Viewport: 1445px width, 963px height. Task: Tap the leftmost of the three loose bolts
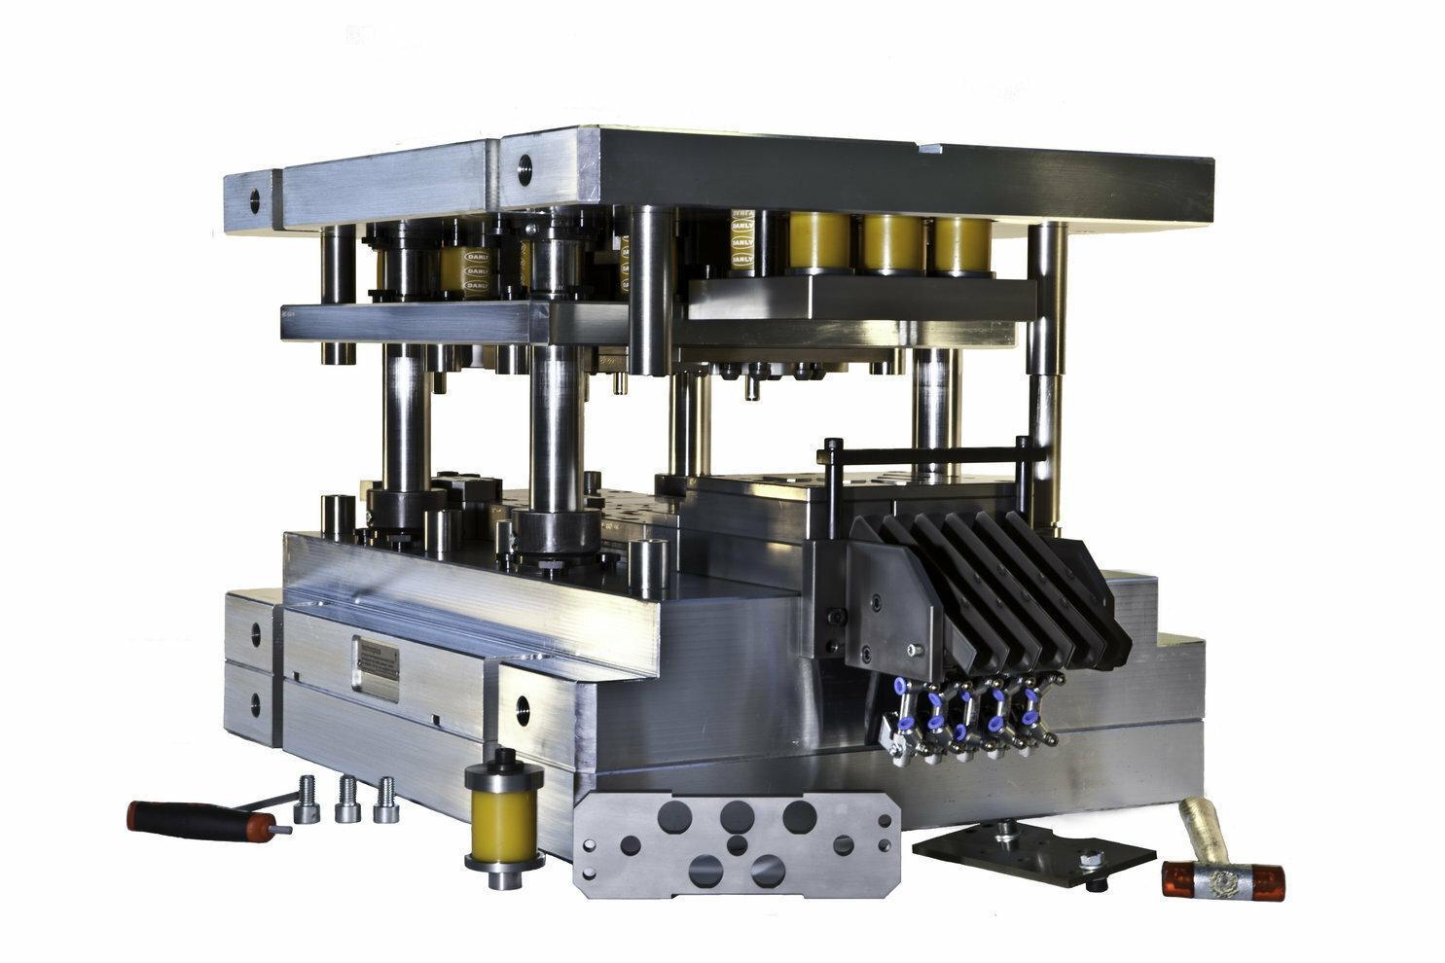(307, 799)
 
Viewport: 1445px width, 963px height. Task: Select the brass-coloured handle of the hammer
(1197, 825)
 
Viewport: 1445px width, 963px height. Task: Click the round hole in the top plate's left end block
(255, 201)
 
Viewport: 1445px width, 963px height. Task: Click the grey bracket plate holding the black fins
(887, 603)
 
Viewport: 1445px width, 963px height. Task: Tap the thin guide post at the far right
(1045, 370)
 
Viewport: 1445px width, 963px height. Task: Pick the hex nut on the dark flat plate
(1091, 859)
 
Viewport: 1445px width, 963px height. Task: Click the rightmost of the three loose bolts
(386, 800)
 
